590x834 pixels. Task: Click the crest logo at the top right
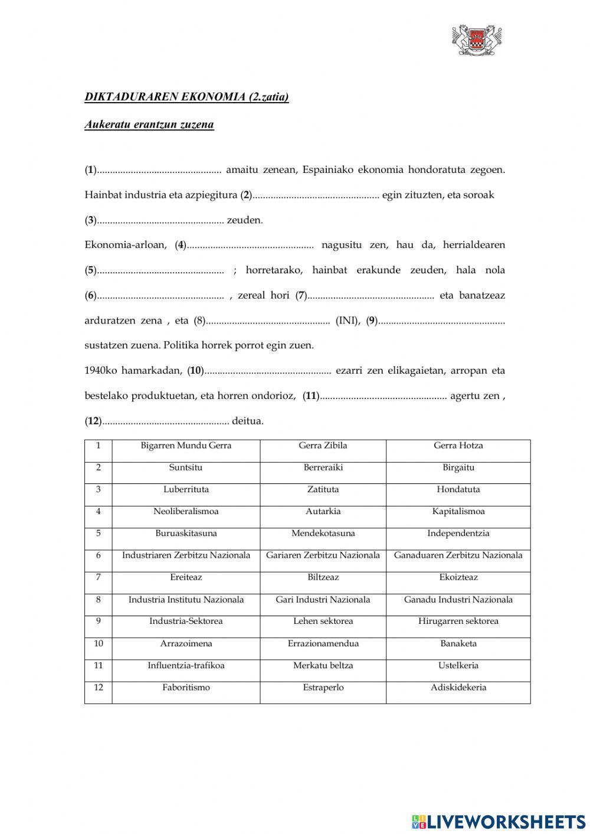tap(477, 40)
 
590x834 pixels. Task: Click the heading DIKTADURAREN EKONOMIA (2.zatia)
tap(186, 97)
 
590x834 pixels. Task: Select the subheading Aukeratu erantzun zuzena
tap(149, 125)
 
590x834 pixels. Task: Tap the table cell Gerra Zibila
tap(323, 446)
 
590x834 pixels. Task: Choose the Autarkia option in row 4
tap(323, 511)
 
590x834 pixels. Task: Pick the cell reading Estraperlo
tap(323, 687)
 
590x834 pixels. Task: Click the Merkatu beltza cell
tap(323, 665)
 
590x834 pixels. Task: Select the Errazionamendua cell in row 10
tap(323, 643)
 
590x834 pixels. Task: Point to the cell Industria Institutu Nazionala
tap(186, 600)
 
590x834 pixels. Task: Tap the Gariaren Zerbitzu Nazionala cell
tap(323, 555)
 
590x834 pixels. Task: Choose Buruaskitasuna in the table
tap(186, 533)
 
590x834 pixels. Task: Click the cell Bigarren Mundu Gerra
tap(186, 446)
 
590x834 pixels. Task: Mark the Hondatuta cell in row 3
tap(458, 489)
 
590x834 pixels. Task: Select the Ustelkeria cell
tap(458, 665)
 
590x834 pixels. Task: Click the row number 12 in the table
tap(98, 687)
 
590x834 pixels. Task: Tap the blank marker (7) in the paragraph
tap(301, 296)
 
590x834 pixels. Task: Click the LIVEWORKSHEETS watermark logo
tap(499, 822)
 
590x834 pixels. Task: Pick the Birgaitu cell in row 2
tap(458, 467)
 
